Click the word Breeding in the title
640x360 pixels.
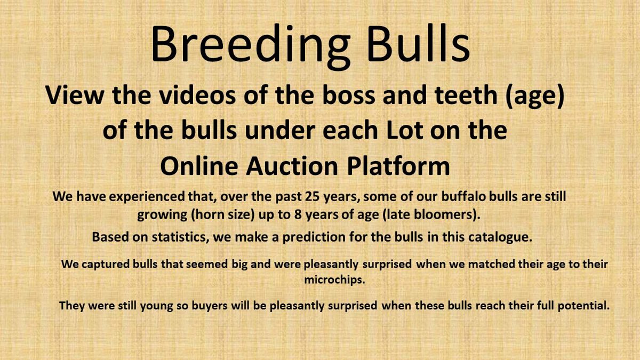(251, 46)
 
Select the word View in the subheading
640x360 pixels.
(74, 95)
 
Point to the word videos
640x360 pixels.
(197, 95)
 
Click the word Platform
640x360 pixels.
(398, 166)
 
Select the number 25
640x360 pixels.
(313, 197)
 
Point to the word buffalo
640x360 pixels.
(463, 196)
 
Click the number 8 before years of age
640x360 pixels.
(298, 214)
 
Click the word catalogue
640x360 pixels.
(500, 237)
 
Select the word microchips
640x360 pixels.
(334, 279)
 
